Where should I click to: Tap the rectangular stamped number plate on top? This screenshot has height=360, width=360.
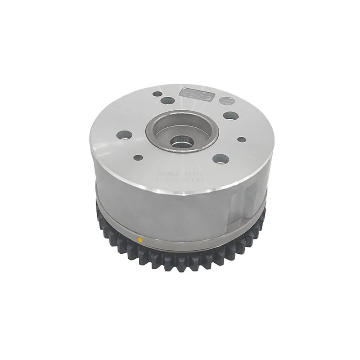(x=194, y=94)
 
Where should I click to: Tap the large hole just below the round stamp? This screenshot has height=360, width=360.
(x=230, y=116)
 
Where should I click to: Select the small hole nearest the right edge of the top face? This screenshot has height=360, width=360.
(x=241, y=139)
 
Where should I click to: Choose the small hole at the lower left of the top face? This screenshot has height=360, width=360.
(x=138, y=157)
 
